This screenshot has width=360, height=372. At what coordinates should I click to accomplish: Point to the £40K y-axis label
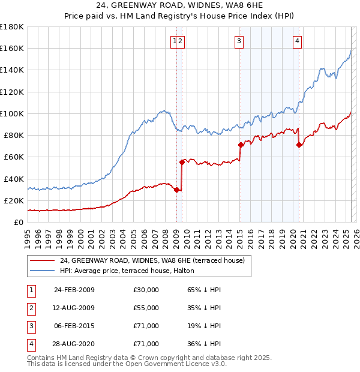14,179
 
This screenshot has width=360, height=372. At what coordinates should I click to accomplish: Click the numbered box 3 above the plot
239,41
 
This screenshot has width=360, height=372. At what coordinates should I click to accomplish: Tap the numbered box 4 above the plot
297,41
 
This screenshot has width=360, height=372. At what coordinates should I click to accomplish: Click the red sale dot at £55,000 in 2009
181,162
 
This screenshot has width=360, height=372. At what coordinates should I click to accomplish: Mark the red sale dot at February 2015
240,145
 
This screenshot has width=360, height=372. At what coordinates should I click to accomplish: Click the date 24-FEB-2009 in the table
74,290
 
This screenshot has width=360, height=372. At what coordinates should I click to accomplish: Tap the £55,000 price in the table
146,308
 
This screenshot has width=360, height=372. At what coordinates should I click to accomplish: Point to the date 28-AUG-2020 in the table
74,344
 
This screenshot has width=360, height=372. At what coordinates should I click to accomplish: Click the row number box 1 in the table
31,290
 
